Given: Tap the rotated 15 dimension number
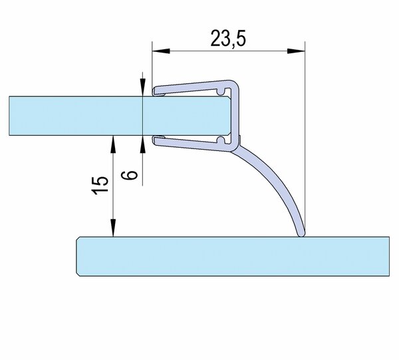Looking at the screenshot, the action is coord(100,185).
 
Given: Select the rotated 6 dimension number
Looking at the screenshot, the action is coord(130,175).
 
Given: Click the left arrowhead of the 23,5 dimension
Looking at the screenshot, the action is coord(161,51).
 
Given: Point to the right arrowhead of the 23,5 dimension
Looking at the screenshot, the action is coord(296,51).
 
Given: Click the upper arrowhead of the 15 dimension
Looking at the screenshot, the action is coord(113,144).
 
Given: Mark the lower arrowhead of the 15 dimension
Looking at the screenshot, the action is coord(113,228).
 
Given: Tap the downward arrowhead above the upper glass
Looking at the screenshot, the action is coord(143,87).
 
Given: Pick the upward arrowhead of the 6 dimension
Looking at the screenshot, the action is coord(143,144).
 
